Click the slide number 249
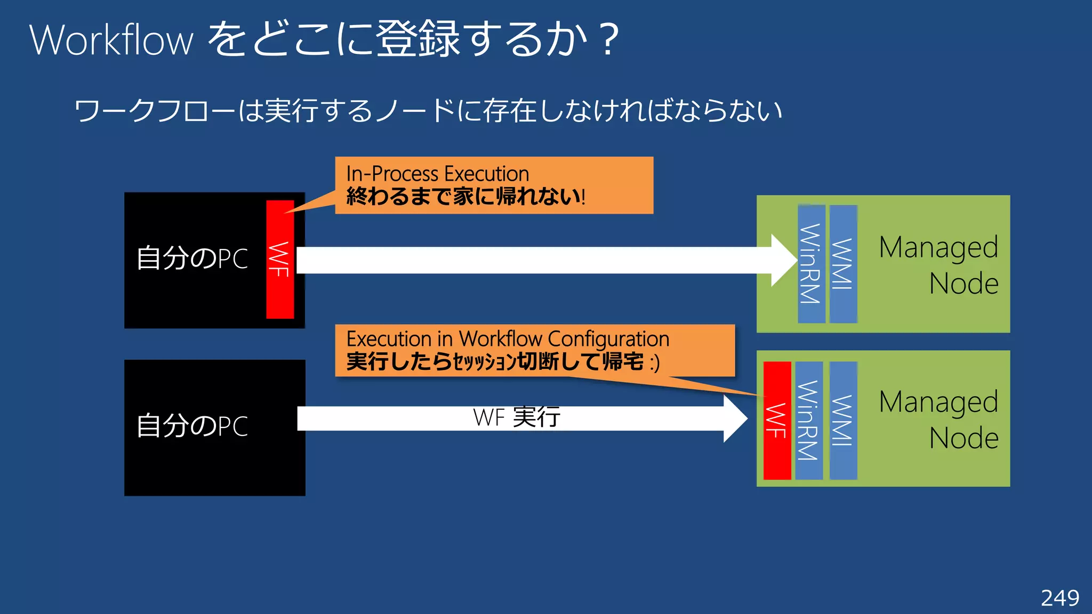[x=1060, y=598]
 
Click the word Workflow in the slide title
[x=111, y=40]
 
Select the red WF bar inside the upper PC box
[x=280, y=260]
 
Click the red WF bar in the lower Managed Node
[x=777, y=421]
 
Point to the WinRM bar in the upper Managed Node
[x=811, y=264]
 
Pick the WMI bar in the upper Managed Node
[x=843, y=264]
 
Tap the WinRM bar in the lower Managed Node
[x=808, y=421]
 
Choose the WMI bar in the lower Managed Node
[x=843, y=421]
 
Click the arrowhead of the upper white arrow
[x=784, y=260]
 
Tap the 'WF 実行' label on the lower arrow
[x=516, y=417]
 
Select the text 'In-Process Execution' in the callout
[x=437, y=174]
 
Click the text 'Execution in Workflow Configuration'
[x=508, y=339]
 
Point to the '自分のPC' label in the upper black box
[x=192, y=259]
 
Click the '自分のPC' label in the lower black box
[x=192, y=426]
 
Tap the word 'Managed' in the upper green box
[x=938, y=248]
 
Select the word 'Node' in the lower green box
[x=963, y=439]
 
